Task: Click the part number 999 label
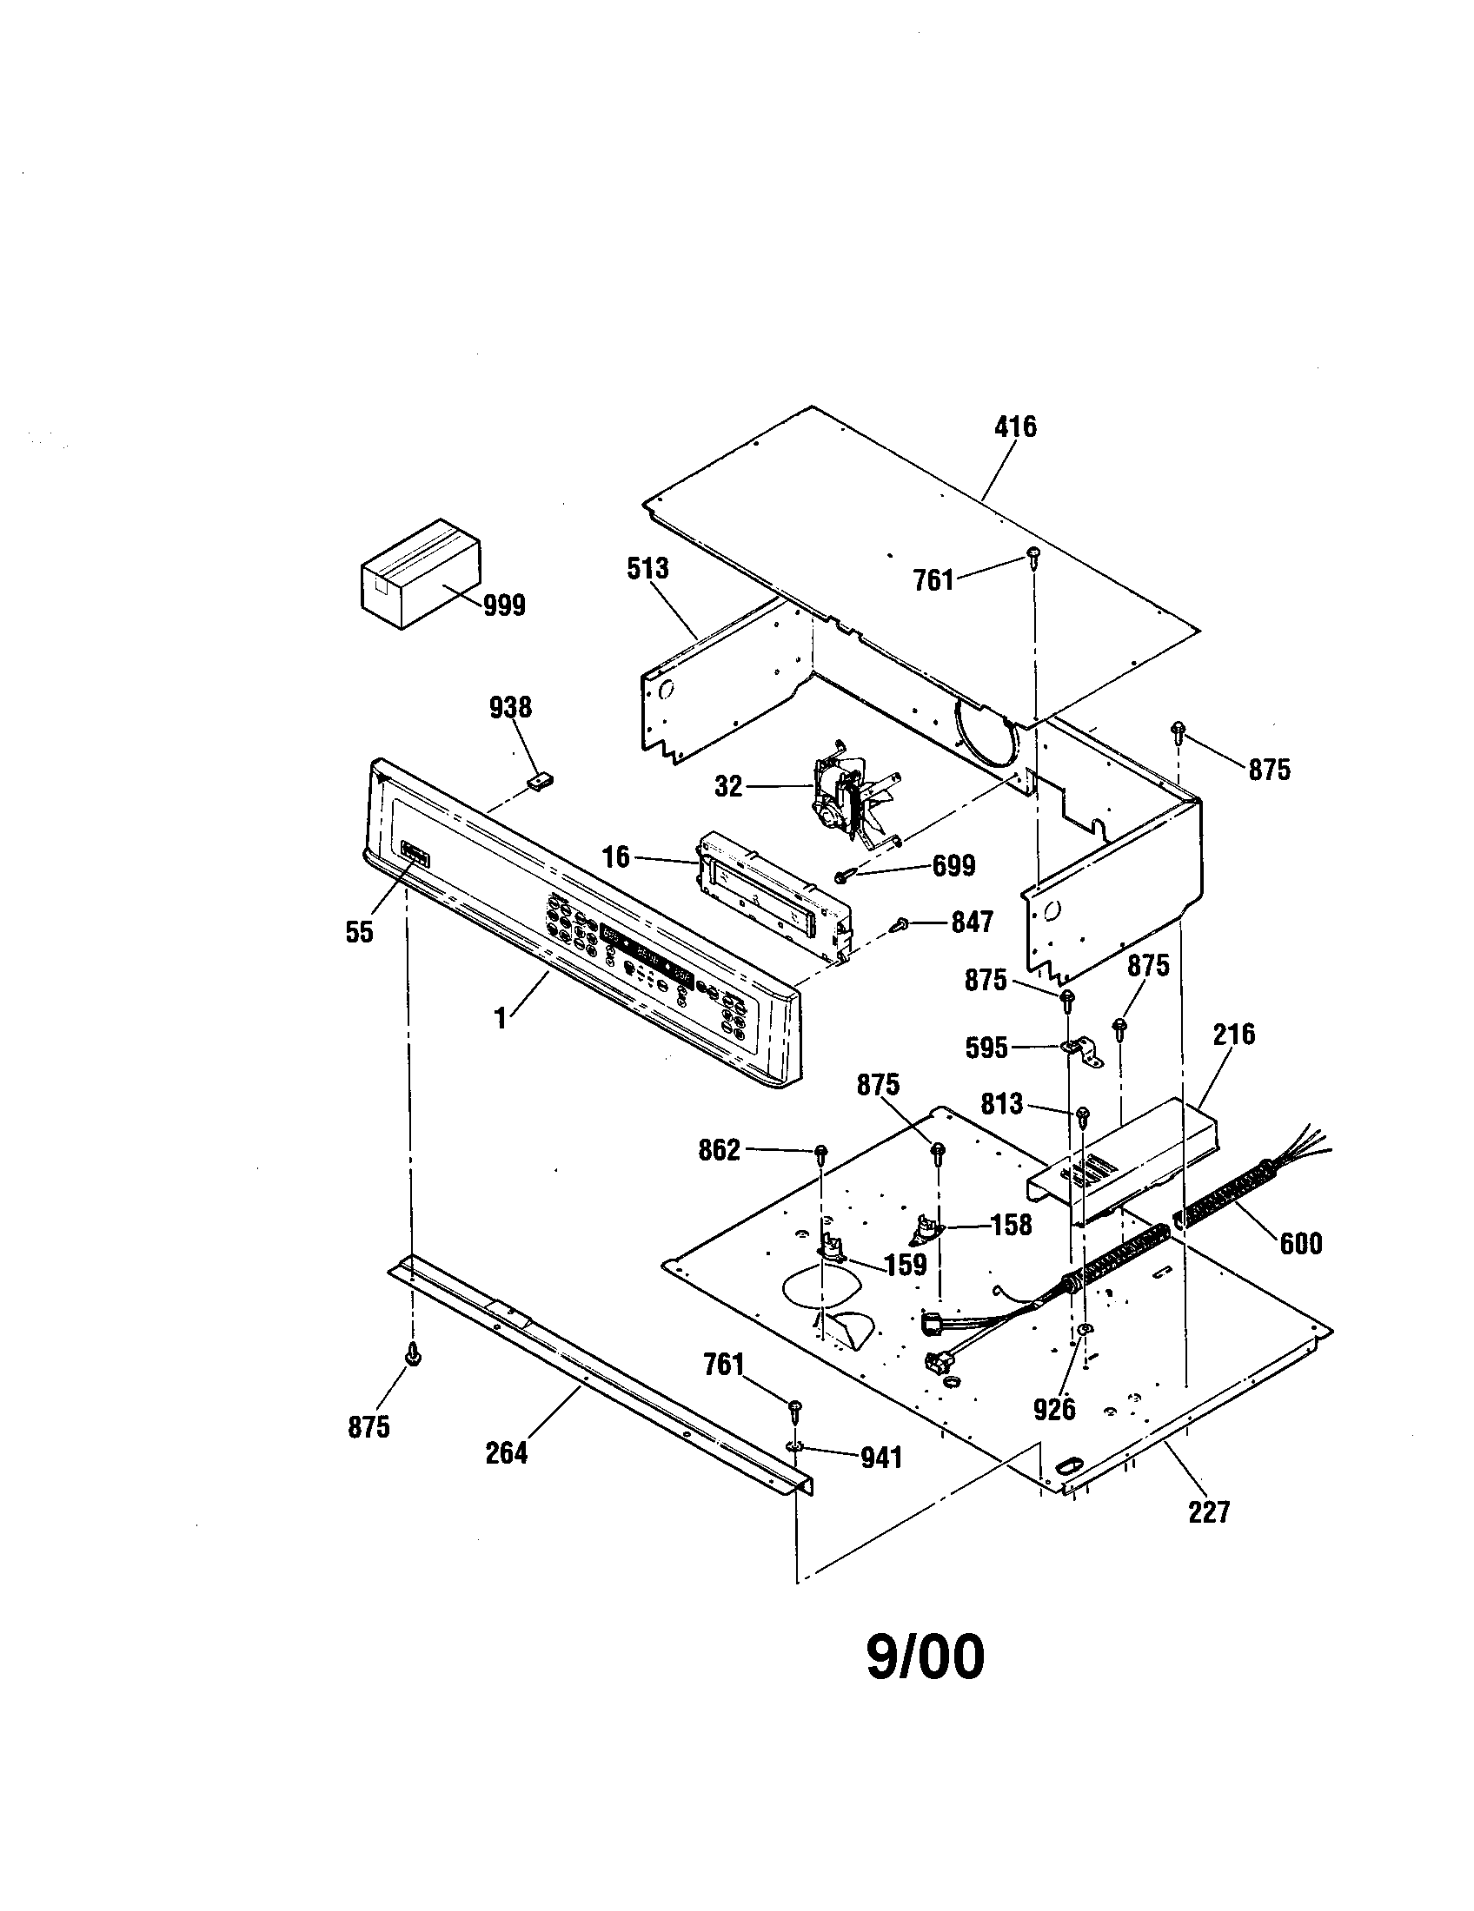[x=504, y=605]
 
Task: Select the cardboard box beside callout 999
[x=420, y=573]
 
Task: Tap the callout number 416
[x=1015, y=427]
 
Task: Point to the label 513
[x=647, y=569]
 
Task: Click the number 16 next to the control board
[x=616, y=856]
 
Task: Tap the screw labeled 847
[x=900, y=923]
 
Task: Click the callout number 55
[x=359, y=933]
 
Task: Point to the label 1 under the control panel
[x=501, y=1020]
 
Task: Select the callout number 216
[x=1234, y=1035]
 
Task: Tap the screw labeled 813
[x=1083, y=1114]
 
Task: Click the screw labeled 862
[x=821, y=1153]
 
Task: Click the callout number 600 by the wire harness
[x=1301, y=1243]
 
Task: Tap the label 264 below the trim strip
[x=507, y=1453]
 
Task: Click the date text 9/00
[x=926, y=1658]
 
